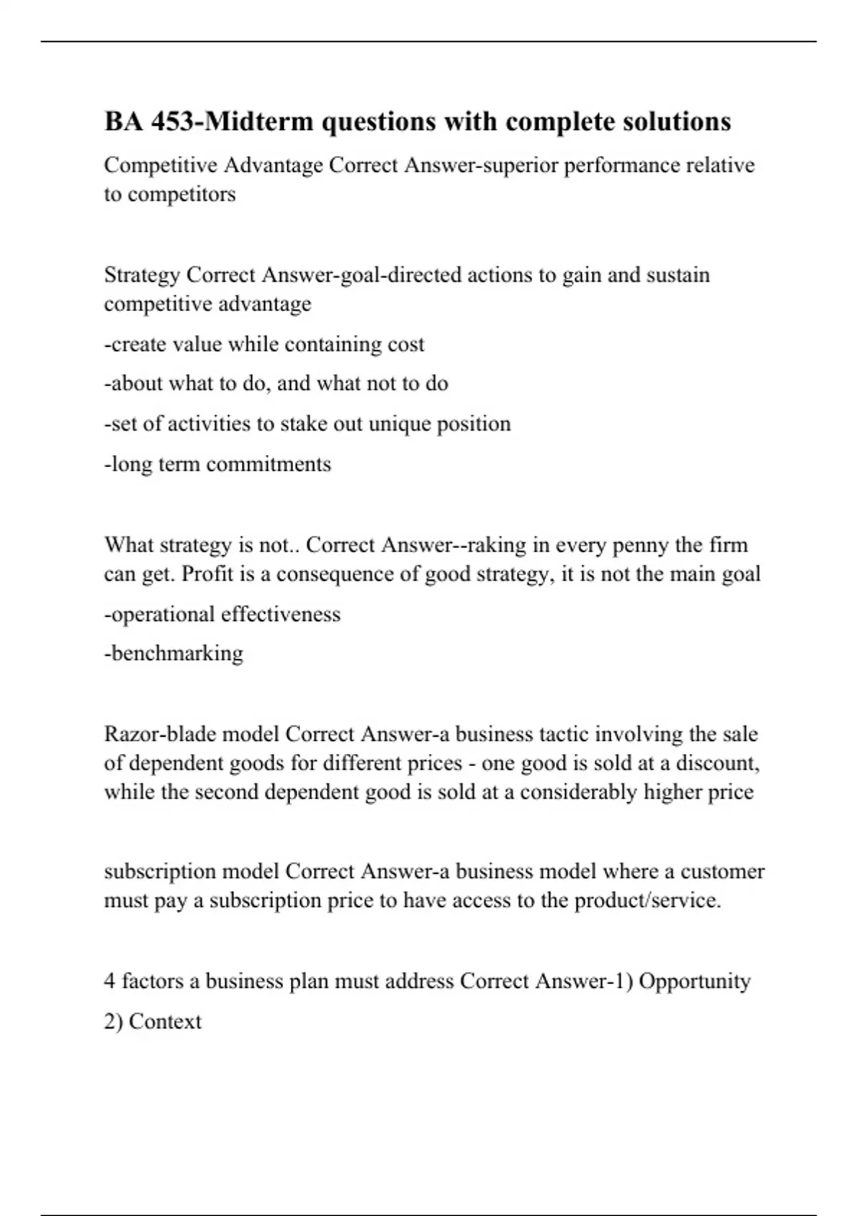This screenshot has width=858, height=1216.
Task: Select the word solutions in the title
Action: point(674,122)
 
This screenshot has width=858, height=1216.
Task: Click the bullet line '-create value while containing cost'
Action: point(265,344)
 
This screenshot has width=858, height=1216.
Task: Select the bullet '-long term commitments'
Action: point(218,464)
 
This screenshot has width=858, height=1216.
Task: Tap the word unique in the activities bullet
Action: point(400,423)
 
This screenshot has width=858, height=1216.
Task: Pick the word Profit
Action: point(204,574)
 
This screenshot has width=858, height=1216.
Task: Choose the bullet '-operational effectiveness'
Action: point(222,614)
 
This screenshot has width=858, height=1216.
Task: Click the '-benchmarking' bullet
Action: point(174,653)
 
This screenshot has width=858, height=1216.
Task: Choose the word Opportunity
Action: point(694,981)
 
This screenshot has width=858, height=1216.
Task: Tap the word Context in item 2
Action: point(165,1021)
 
